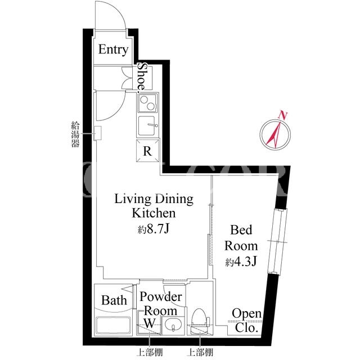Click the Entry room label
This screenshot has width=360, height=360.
pyautogui.click(x=113, y=49)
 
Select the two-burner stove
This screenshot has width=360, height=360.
pyautogui.click(x=147, y=103)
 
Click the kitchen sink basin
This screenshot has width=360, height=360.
pyautogui.click(x=147, y=126)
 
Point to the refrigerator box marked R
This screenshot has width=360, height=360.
pyautogui.click(x=147, y=151)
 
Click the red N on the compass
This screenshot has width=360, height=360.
pyautogui.click(x=283, y=115)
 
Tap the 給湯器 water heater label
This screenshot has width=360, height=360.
pyautogui.click(x=75, y=134)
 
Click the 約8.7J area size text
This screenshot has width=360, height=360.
pyautogui.click(x=154, y=229)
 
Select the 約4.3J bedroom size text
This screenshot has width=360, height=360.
pyautogui.click(x=241, y=262)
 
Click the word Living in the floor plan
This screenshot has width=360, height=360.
pyautogui.click(x=132, y=199)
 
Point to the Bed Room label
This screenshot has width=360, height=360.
pyautogui.click(x=241, y=238)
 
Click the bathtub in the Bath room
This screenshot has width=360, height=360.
pyautogui.click(x=113, y=325)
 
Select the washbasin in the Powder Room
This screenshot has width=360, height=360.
pyautogui.click(x=173, y=325)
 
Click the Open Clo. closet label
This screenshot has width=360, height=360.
pyautogui.click(x=246, y=321)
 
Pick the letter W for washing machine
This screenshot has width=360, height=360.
pyautogui.click(x=150, y=323)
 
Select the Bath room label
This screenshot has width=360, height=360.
pyautogui.click(x=114, y=300)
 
